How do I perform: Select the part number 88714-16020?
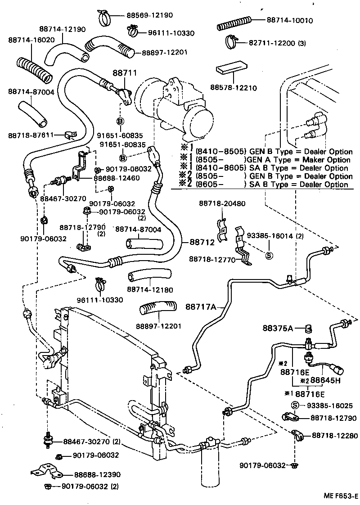[31, 40]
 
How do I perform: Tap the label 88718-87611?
[31, 135]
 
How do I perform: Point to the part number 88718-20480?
[222, 203]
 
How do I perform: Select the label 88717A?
[201, 307]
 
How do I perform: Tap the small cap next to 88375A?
[310, 327]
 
